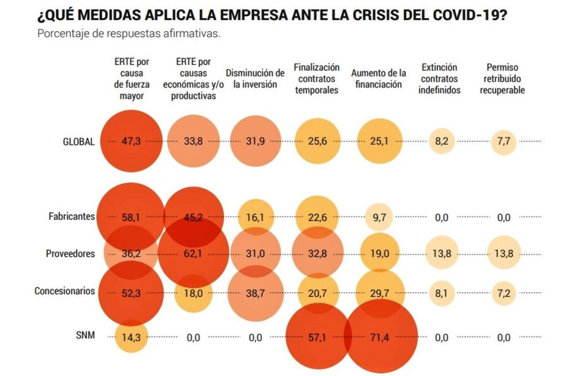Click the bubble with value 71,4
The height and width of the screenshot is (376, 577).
coord(380,337)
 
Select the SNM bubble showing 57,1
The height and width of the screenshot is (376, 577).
coord(317,337)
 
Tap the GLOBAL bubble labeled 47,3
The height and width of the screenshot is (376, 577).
coord(131,141)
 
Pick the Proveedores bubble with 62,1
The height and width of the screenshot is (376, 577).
coord(193,254)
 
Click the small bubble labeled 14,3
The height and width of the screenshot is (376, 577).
coord(131,337)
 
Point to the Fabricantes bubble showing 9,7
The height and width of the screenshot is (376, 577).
coord(380,217)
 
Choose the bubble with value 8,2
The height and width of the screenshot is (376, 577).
coord(442,141)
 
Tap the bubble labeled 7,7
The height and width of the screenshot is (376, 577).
coord(504,141)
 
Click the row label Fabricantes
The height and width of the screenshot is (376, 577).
coord(71,217)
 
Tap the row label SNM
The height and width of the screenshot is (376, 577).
coord(85,335)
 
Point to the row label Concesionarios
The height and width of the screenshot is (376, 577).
coord(64,291)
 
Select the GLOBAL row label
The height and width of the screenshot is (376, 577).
coord(79,142)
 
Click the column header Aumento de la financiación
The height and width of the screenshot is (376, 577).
coord(379,79)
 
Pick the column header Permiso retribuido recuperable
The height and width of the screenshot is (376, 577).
coord(502,79)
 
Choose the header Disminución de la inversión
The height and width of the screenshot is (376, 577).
coord(255,79)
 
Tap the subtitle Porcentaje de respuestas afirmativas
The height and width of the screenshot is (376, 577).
coord(129,34)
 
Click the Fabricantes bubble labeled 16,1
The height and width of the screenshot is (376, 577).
coord(255,217)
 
